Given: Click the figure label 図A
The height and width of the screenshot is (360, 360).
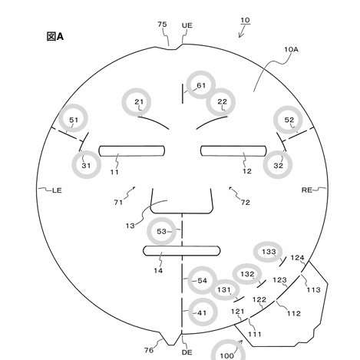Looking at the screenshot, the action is point(55,36).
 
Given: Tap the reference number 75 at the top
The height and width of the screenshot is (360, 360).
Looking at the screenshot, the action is point(162,25).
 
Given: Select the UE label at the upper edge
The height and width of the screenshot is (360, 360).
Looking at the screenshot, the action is point(187,25).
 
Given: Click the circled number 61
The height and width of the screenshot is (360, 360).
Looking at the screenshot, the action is point(201,85).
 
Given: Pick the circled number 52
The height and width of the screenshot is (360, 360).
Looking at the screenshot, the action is point(289,120).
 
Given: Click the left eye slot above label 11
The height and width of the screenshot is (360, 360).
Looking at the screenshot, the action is point(132,151).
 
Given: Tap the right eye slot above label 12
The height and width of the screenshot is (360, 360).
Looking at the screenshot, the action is point(233,150).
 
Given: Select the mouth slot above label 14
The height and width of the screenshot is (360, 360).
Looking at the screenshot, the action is point(182,251).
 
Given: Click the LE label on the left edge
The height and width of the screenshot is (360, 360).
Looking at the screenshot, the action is point(57,190).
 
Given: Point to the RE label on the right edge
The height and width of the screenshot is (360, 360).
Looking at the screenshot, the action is point(307,190).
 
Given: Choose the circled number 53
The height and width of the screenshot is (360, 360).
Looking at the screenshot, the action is point(161,231).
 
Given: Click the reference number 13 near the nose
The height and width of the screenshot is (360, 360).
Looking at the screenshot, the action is point(130,226).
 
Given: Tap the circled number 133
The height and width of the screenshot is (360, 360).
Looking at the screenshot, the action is point(268,252).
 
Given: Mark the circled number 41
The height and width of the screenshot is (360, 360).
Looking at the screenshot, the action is point(203,312).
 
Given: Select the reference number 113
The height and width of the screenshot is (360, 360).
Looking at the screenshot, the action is point(314,289).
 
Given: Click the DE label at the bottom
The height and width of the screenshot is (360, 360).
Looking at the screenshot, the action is point(187,352).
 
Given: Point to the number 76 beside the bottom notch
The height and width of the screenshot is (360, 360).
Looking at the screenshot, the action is point(149,350).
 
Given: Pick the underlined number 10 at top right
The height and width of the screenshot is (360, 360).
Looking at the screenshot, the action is point(245,20).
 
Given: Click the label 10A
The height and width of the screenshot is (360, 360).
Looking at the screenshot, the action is point(292,49).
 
